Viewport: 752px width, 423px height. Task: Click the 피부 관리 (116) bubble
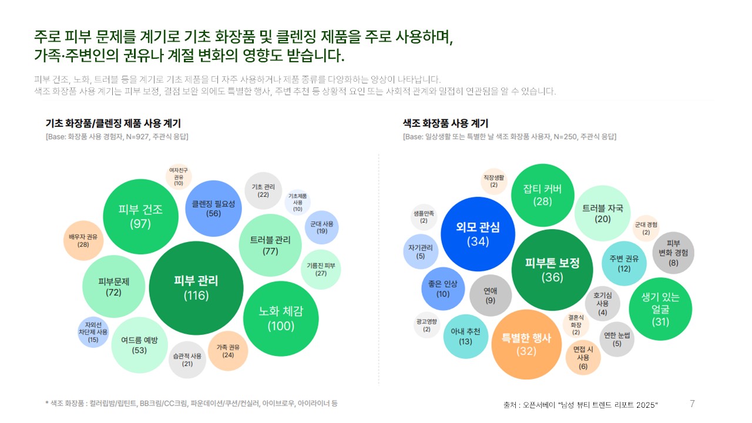(196, 287)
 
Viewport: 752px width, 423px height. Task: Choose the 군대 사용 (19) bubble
(322, 227)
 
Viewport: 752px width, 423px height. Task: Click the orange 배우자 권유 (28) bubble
(83, 240)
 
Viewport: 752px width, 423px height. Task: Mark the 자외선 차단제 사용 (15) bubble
(93, 332)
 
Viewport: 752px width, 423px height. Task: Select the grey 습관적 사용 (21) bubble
(187, 360)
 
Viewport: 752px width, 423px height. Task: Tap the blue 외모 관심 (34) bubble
(478, 234)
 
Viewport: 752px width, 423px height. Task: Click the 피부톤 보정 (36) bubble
(552, 270)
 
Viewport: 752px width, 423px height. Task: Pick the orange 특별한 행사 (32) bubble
(526, 344)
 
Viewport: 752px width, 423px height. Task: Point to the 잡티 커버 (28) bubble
(542, 194)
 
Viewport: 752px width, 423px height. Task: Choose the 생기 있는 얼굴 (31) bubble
(660, 309)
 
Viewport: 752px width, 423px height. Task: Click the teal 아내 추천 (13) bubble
(465, 336)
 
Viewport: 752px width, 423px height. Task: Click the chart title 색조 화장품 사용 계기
(445, 123)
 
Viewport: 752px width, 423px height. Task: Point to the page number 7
(692, 404)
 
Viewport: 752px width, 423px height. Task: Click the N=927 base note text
(117, 136)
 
